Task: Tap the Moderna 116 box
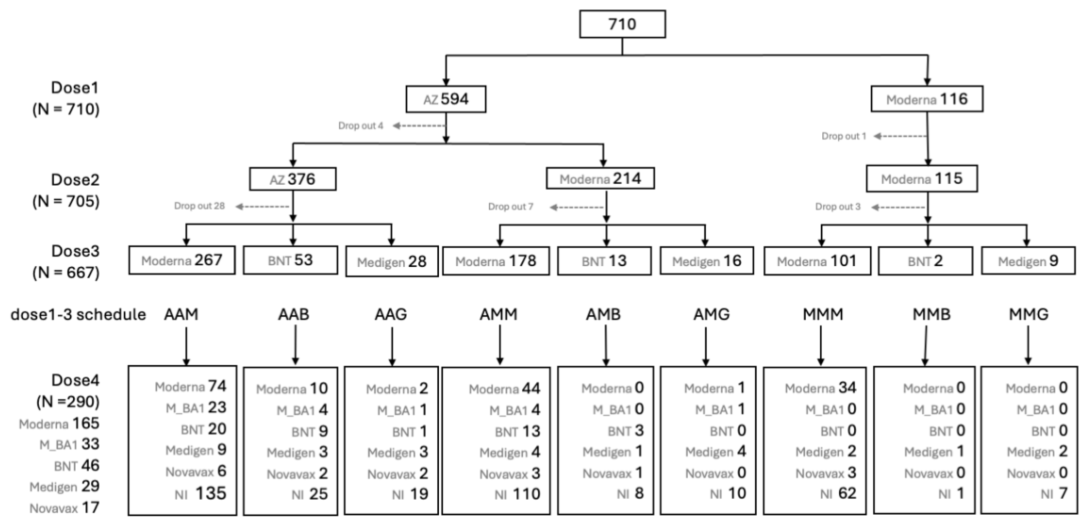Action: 927,99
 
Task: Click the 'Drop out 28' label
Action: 199,206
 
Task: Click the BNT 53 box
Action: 290,260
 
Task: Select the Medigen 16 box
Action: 707,261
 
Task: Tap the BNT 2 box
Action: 925,261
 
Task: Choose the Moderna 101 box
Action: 817,261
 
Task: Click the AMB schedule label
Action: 603,315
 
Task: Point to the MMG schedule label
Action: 1028,315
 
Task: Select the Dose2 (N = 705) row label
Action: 66,191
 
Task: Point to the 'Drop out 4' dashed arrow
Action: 418,126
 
